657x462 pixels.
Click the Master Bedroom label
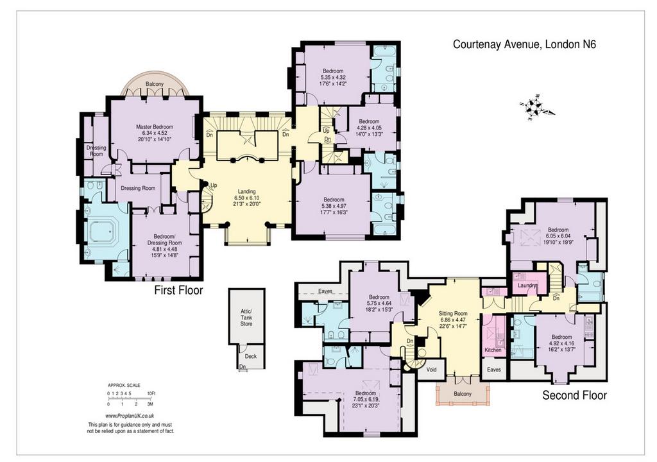tap(154, 126)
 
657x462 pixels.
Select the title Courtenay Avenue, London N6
tap(524, 44)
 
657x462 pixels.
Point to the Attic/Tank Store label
tap(246, 318)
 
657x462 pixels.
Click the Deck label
tap(251, 356)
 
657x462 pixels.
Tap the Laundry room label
tap(527, 286)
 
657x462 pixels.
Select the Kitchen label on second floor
tap(493, 350)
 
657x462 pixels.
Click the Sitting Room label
tap(453, 313)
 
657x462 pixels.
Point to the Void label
tap(431, 370)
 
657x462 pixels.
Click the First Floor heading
tap(178, 290)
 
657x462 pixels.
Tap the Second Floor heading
tap(574, 395)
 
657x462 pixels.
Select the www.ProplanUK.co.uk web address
tap(130, 416)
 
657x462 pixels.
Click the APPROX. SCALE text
tap(124, 385)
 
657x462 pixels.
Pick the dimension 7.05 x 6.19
tap(365, 400)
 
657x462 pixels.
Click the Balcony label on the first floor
tap(155, 84)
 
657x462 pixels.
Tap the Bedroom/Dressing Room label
tap(164, 239)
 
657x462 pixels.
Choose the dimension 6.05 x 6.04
tap(559, 235)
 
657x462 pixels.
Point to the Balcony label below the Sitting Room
tap(463, 394)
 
